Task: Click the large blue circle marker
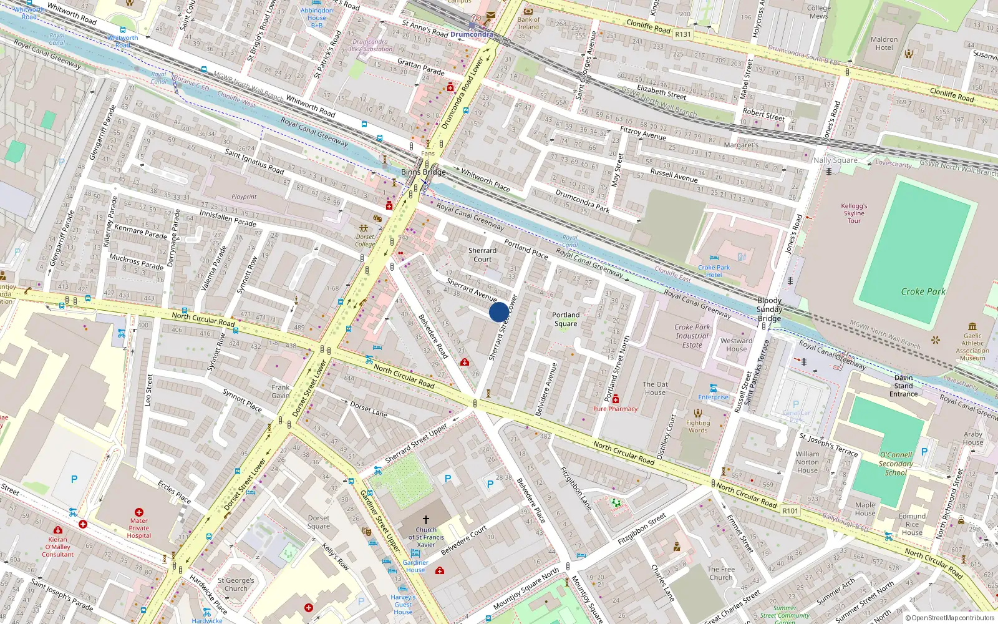tap(499, 312)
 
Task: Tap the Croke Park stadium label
tap(923, 291)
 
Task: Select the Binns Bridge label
tap(423, 172)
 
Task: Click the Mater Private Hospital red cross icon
tap(139, 512)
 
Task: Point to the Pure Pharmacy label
tap(615, 409)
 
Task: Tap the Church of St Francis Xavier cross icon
tap(426, 519)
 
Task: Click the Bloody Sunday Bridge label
tap(769, 309)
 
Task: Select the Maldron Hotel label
tap(884, 43)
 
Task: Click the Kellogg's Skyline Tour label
tap(854, 213)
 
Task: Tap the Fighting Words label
tap(698, 426)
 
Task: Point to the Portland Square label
tap(566, 319)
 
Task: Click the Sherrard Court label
tap(482, 255)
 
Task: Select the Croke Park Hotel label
tap(714, 271)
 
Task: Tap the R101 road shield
tap(790, 510)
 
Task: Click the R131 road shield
tap(683, 34)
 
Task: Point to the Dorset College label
tap(365, 240)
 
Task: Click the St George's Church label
tap(236, 584)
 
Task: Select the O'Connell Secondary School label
tap(896, 464)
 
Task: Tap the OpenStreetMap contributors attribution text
tap(950, 618)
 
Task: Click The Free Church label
tap(721, 573)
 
